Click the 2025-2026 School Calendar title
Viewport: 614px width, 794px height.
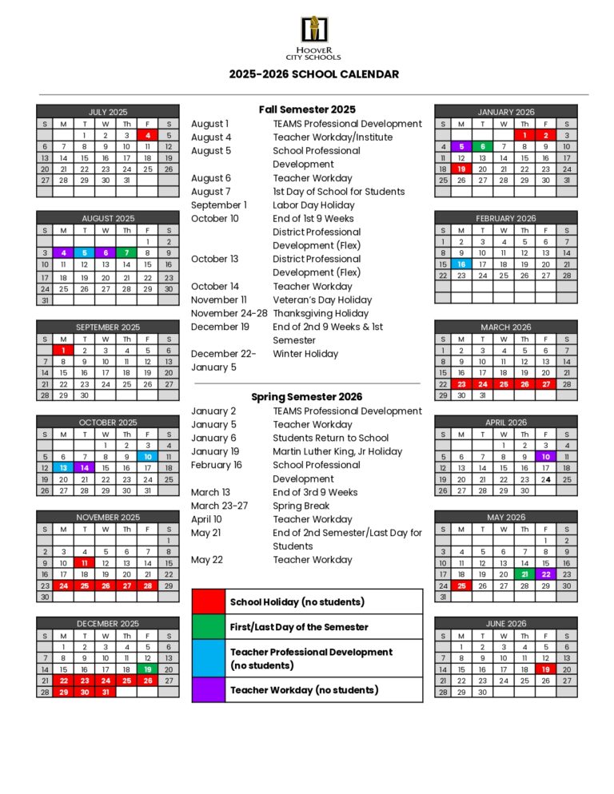[x=313, y=74]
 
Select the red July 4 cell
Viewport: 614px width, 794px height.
[x=148, y=136]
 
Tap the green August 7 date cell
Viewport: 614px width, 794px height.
[x=126, y=252]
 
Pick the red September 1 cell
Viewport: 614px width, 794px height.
[x=64, y=350]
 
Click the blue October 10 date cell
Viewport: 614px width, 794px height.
[x=148, y=457]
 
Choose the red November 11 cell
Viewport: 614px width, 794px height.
[x=85, y=563]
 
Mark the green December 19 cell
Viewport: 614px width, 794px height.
[x=148, y=669]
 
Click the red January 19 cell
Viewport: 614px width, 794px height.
[x=461, y=169]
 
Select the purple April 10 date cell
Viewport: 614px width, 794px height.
[x=546, y=457]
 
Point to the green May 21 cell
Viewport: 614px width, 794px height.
[x=524, y=574]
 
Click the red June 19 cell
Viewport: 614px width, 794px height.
[x=546, y=669]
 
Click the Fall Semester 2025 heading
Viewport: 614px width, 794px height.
[x=307, y=109]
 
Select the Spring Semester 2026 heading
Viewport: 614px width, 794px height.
[x=307, y=396]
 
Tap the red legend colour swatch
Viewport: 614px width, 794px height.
[x=209, y=601]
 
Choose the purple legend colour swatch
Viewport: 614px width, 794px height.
[x=209, y=689]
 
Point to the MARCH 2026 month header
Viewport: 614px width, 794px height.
[x=505, y=327]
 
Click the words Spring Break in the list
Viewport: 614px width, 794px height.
[x=301, y=506]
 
